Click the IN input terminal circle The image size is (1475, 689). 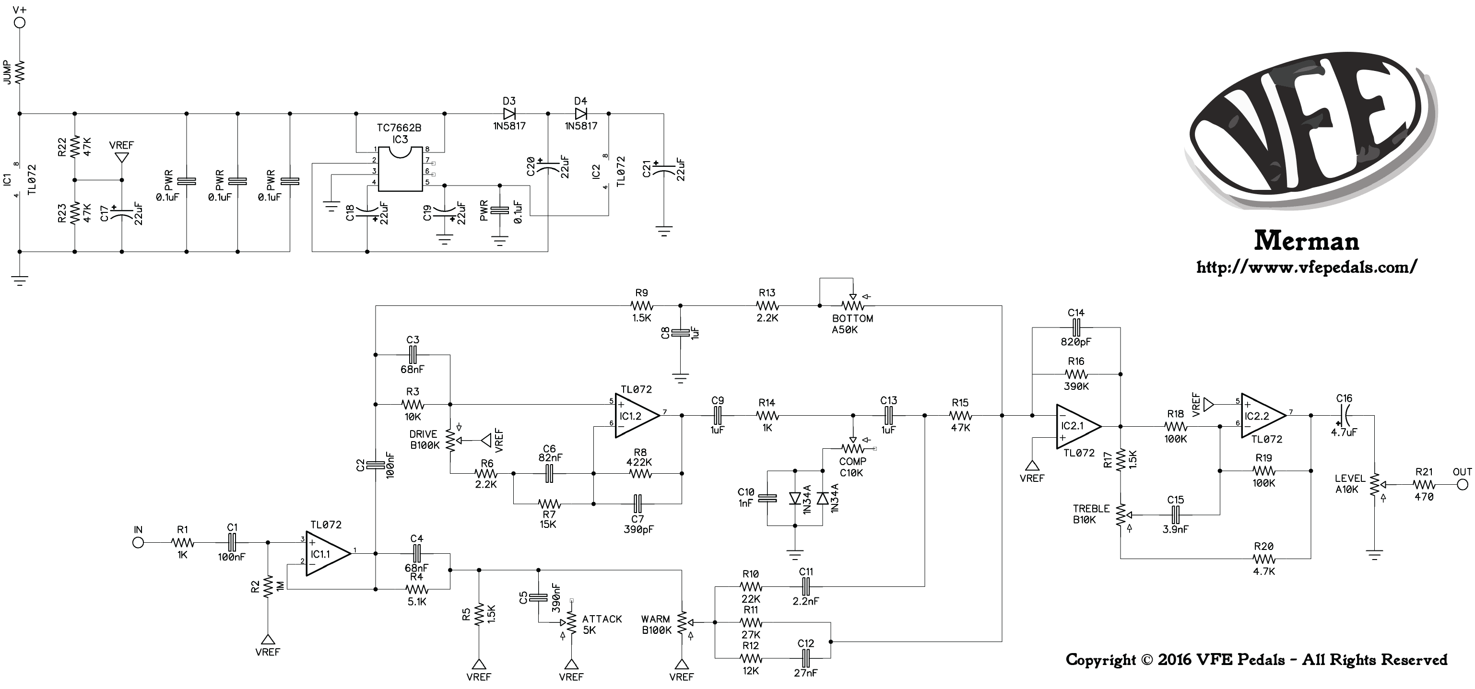[x=138, y=542]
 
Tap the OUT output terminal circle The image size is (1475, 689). [x=1463, y=485]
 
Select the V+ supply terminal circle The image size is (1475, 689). [x=20, y=23]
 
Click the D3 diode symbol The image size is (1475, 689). [x=509, y=113]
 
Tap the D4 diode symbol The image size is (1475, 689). [x=580, y=113]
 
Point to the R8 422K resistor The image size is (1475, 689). [x=639, y=473]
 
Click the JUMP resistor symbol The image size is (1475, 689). [x=20, y=73]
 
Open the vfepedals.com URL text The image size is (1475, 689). [x=1307, y=267]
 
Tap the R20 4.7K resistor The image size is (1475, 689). [x=1264, y=559]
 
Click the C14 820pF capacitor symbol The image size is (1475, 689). [x=1076, y=327]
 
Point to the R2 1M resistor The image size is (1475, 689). [x=267, y=586]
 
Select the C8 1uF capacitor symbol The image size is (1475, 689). [x=680, y=332]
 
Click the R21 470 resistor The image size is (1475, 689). [x=1424, y=485]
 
